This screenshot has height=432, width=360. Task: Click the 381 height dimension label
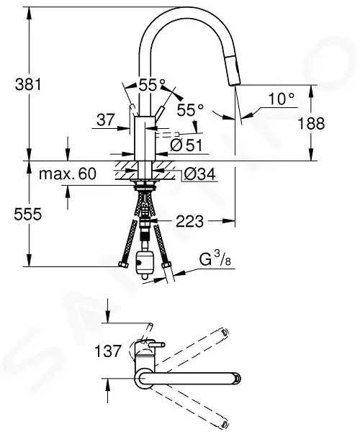coord(28,84)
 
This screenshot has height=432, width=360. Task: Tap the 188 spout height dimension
coord(311,123)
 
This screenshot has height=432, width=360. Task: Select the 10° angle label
coord(281,99)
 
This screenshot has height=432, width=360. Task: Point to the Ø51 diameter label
coord(186,145)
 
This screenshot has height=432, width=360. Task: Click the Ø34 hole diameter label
coord(200,174)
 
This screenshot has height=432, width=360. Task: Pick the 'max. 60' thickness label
coord(68,174)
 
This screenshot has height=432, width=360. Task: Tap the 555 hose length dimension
coord(28,214)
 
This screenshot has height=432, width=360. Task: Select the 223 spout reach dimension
coord(189,221)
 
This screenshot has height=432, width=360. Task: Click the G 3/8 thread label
coord(215,259)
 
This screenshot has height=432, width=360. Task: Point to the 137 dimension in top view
coord(108,351)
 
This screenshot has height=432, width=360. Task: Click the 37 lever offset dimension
coord(105,120)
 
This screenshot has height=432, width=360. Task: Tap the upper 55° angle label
coord(152,85)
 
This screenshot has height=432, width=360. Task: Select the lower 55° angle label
coord(190,110)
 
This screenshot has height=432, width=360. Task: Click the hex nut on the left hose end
coord(123,265)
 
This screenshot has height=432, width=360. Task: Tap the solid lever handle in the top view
coord(156,345)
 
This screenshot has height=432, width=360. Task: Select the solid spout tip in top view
coord(237,378)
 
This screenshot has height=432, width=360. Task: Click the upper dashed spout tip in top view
coord(225,332)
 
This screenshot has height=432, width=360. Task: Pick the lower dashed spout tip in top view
coord(225,424)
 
